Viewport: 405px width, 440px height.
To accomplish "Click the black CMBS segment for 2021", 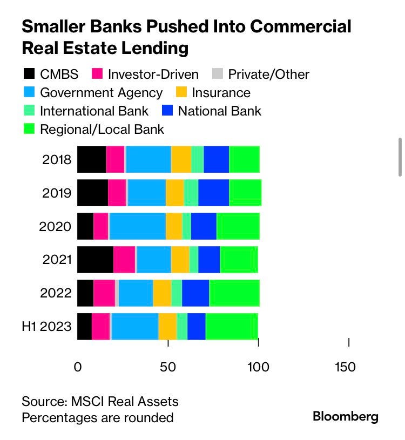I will click(95, 260).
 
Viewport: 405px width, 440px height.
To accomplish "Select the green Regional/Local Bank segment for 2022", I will click(234, 293).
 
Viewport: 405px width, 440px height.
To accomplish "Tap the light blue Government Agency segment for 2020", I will click(138, 226).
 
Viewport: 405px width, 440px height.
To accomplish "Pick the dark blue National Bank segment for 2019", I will click(213, 193).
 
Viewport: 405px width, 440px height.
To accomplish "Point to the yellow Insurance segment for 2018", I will click(181, 159).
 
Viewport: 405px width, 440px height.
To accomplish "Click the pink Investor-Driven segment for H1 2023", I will click(100, 327).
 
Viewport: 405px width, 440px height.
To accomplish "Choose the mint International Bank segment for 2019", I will click(191, 193).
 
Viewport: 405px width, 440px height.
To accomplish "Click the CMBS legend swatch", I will click(29, 74).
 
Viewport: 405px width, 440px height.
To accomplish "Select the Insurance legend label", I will click(221, 92).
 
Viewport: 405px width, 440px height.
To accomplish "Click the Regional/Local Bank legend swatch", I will click(29, 129).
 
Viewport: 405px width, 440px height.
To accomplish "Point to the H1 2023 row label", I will click(46, 327).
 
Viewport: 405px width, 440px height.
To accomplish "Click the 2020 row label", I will click(55, 226).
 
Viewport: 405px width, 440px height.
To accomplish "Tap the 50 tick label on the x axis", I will click(168, 367).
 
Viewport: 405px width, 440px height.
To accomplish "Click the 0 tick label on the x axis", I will click(78, 367).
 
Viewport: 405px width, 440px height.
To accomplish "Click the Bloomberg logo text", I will click(346, 416).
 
